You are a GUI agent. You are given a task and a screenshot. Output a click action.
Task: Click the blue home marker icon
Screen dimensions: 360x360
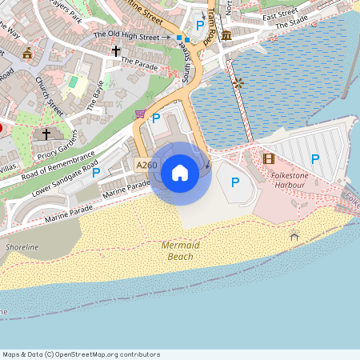[x=180, y=172]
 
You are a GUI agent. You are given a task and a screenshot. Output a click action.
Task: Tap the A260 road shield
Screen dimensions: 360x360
[x=146, y=166]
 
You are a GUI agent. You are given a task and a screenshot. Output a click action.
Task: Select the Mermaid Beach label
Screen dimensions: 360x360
[x=178, y=250]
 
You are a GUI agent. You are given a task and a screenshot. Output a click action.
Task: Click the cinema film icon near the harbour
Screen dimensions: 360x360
[x=268, y=159]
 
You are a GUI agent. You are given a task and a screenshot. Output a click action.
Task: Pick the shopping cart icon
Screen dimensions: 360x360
[x=141, y=114]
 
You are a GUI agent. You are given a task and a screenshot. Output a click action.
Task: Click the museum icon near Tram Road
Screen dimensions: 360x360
[x=227, y=36]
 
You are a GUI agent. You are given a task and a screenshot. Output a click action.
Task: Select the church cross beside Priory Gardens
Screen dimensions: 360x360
[x=46, y=134]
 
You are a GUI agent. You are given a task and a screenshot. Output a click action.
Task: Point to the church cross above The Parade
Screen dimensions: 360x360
[x=116, y=51]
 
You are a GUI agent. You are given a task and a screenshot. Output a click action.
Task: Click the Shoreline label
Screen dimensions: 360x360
[x=22, y=247]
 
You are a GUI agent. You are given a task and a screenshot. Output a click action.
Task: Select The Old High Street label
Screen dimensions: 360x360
[x=126, y=34]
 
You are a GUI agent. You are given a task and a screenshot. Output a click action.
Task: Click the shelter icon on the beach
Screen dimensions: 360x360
[x=294, y=235]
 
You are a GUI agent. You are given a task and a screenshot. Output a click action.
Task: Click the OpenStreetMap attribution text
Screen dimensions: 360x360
[x=81, y=354]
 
